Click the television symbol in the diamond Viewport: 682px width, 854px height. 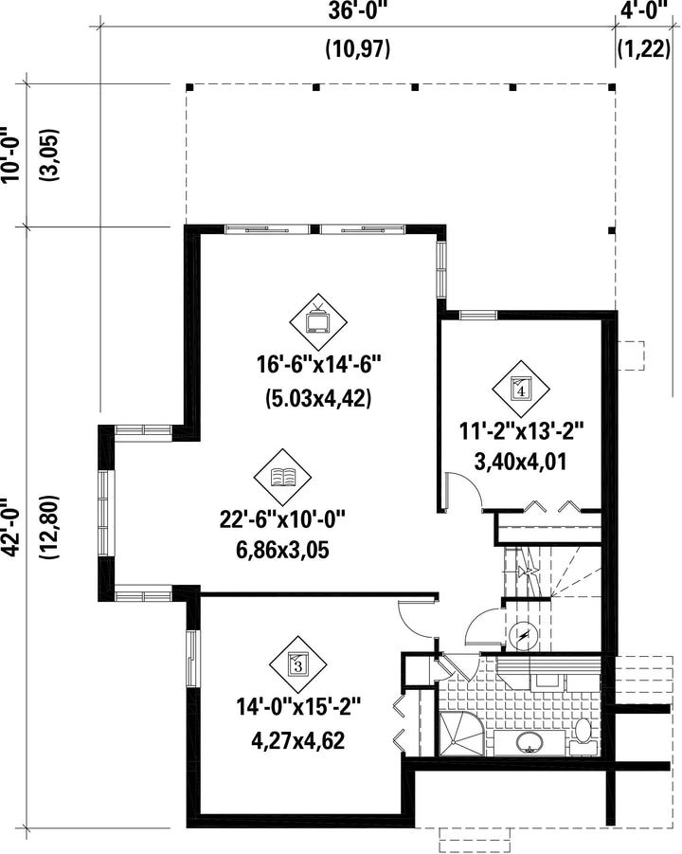coord(318,320)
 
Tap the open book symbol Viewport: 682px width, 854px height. coord(283,477)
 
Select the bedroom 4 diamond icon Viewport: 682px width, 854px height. coord(521,389)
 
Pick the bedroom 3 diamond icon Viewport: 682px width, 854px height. coord(297,663)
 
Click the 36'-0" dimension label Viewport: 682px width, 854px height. coord(360,11)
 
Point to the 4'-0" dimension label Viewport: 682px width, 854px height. coord(644,11)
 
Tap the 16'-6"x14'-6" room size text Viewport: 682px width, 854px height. coord(318,365)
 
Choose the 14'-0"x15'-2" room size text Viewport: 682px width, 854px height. coord(298,708)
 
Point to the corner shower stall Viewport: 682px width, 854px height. coord(460,733)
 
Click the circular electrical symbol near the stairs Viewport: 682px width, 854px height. coord(524,636)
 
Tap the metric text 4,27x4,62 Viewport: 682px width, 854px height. coord(298,740)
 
